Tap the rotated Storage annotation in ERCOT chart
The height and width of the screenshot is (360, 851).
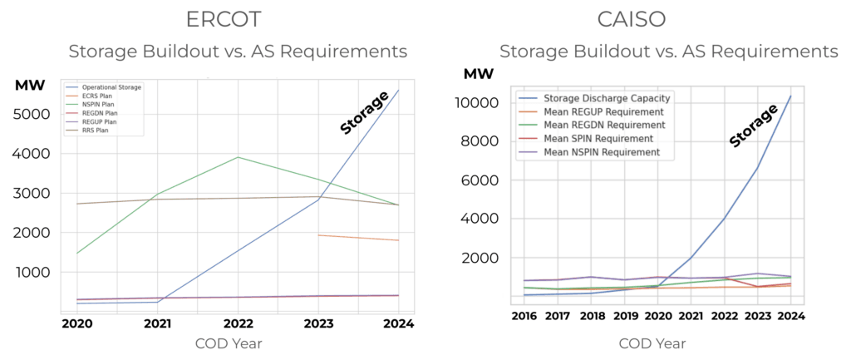pos(365,113)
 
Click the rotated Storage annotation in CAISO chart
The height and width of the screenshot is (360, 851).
pos(753,126)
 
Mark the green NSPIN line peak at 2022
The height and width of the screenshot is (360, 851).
pos(238,157)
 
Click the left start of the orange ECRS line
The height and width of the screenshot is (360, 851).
pos(318,235)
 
